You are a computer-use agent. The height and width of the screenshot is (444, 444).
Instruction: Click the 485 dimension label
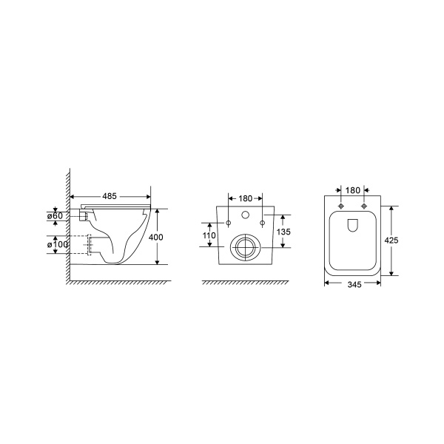tap(110, 196)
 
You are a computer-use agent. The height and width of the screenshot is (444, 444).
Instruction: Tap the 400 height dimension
tap(156, 237)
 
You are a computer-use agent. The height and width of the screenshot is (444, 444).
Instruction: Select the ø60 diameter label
tap(55, 216)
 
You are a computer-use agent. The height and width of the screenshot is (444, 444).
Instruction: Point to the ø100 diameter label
tap(57, 244)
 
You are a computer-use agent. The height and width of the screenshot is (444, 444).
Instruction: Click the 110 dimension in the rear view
tap(209, 235)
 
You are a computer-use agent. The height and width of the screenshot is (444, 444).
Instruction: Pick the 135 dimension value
tap(283, 232)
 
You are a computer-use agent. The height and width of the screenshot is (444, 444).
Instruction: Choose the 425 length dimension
tap(391, 240)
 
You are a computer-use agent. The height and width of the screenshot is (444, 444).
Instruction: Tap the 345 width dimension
tap(354, 284)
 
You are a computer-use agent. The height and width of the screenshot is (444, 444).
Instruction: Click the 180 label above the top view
tap(352, 190)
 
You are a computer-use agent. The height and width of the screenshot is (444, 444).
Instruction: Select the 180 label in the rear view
tap(245, 198)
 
